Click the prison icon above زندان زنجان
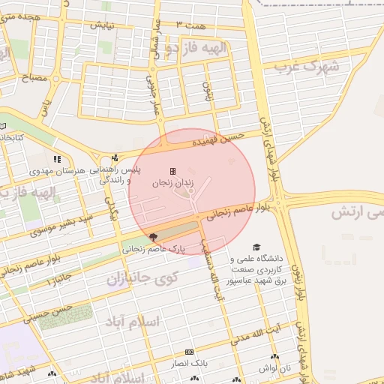coord(173,171)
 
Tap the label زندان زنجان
coord(173,183)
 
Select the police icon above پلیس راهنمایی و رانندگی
coord(115,158)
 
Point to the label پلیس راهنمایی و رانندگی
coord(116,175)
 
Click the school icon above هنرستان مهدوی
coord(57,159)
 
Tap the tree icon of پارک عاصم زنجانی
coord(153,237)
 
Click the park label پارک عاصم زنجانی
coord(153,248)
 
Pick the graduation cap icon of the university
coord(257,247)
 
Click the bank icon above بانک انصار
coord(188,352)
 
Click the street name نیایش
coord(103,25)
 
